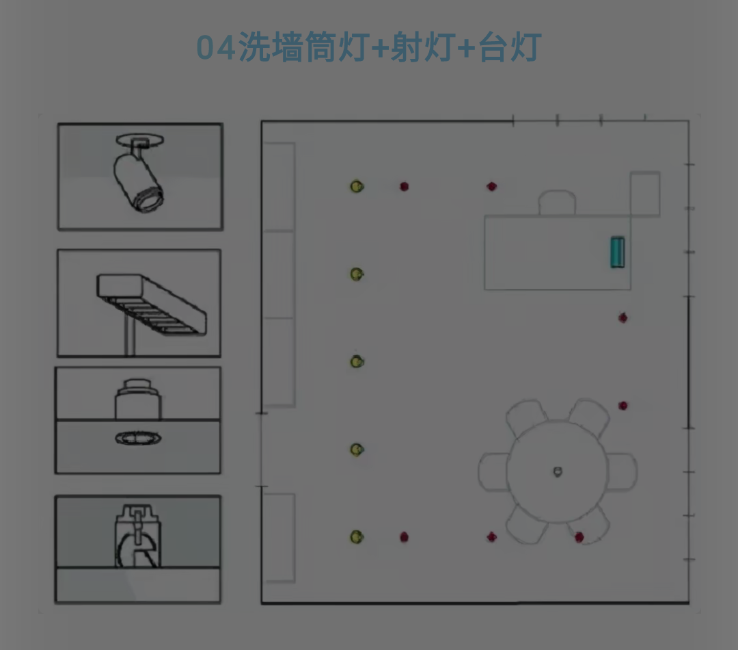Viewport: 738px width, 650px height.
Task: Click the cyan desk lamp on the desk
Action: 618,252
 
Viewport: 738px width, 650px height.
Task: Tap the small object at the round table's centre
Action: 558,471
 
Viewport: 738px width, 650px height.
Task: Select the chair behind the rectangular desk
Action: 558,203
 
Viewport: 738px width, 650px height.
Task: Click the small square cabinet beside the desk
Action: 645,194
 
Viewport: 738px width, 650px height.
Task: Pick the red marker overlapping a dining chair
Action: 579,537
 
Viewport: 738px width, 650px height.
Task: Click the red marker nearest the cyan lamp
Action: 623,317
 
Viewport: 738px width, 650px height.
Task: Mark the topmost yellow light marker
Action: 357,187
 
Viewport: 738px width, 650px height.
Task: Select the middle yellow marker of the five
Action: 357,361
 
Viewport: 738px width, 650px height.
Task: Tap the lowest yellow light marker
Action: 357,537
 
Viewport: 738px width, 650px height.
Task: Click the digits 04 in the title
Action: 216,48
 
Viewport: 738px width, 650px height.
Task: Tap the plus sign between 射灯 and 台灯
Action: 467,48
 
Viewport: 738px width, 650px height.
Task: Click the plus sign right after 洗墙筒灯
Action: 380,48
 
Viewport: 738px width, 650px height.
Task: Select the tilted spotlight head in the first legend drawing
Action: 138,183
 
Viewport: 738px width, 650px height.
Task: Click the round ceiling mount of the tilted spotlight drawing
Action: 140,140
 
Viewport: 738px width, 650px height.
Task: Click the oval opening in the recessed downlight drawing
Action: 138,439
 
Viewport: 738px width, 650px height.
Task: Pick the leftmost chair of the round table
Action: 493,472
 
